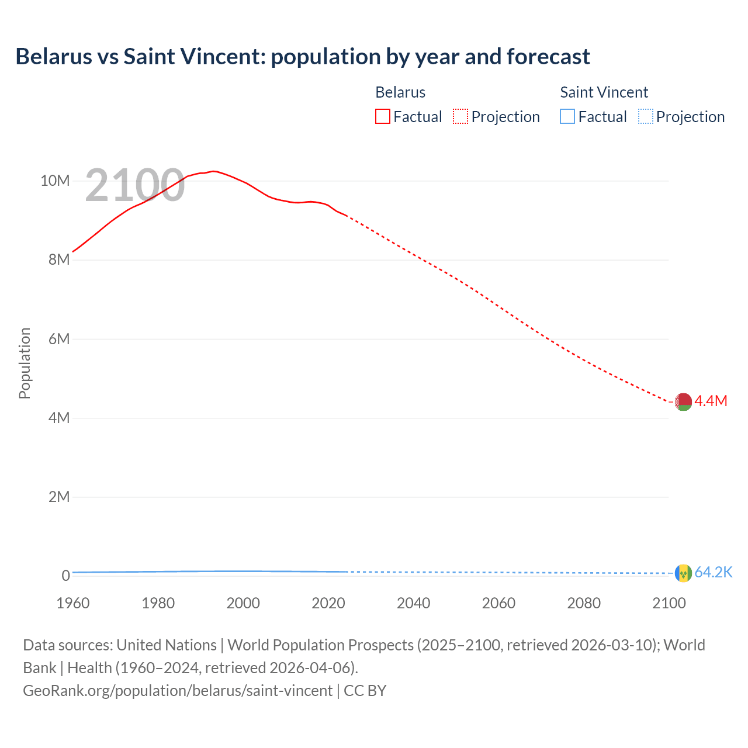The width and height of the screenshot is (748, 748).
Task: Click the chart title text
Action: coord(302,57)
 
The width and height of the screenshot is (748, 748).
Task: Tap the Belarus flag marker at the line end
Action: coord(683,401)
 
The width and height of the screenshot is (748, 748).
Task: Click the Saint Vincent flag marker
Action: coord(683,573)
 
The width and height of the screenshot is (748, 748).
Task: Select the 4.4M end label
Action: coord(711,401)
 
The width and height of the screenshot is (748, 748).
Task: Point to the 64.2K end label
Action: coord(713,572)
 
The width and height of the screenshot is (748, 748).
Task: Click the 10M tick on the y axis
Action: coord(55,181)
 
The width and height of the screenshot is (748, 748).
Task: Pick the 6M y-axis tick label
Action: coord(59,339)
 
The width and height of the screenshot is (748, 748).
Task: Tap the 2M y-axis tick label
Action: coord(59,497)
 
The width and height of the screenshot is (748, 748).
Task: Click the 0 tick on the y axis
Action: coord(65,576)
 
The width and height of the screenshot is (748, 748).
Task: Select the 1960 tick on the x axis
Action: coord(73,603)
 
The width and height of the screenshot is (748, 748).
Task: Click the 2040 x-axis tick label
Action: coord(413,603)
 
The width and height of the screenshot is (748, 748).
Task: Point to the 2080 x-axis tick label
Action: coord(584,603)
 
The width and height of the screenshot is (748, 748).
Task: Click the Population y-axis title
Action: coord(25,363)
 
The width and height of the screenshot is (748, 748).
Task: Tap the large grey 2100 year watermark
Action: coord(134,185)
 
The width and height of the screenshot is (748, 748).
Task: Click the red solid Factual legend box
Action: coord(382,116)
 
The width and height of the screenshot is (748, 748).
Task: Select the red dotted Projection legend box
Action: coord(460,116)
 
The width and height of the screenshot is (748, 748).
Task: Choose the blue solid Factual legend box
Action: coord(567,116)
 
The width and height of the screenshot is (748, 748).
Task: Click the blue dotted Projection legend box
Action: coord(645,116)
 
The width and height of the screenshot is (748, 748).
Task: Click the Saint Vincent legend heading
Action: coord(604,92)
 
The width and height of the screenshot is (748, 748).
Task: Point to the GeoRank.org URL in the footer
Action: coord(178,690)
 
